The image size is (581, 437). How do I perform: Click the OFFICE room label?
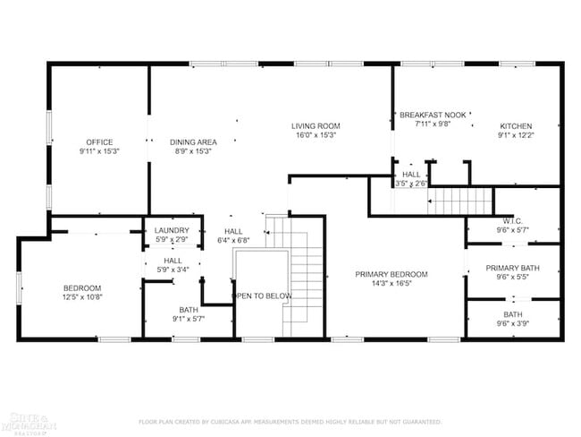click(x=99, y=141)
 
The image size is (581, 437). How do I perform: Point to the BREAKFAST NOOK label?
click(x=433, y=115)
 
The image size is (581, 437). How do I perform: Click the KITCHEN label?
click(x=516, y=125)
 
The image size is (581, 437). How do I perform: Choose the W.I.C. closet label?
click(x=512, y=220)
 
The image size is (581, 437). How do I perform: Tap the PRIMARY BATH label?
click(x=512, y=268)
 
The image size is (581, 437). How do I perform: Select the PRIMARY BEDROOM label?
click(x=391, y=274)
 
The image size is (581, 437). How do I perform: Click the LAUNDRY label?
click(x=171, y=230)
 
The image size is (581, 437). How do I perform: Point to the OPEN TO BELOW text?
click(x=262, y=296)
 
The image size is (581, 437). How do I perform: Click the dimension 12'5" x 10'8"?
click(x=81, y=296)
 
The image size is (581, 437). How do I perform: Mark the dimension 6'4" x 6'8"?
click(x=233, y=240)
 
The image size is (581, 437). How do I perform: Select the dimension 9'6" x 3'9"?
click(x=512, y=324)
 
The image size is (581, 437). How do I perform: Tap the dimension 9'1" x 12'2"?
click(x=516, y=135)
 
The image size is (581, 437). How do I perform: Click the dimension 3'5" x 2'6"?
click(x=411, y=183)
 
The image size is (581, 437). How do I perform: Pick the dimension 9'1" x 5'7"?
click(x=189, y=319)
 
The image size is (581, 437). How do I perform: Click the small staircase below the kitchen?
click(x=459, y=201)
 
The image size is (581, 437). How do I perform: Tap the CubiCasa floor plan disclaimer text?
click(x=290, y=421)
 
